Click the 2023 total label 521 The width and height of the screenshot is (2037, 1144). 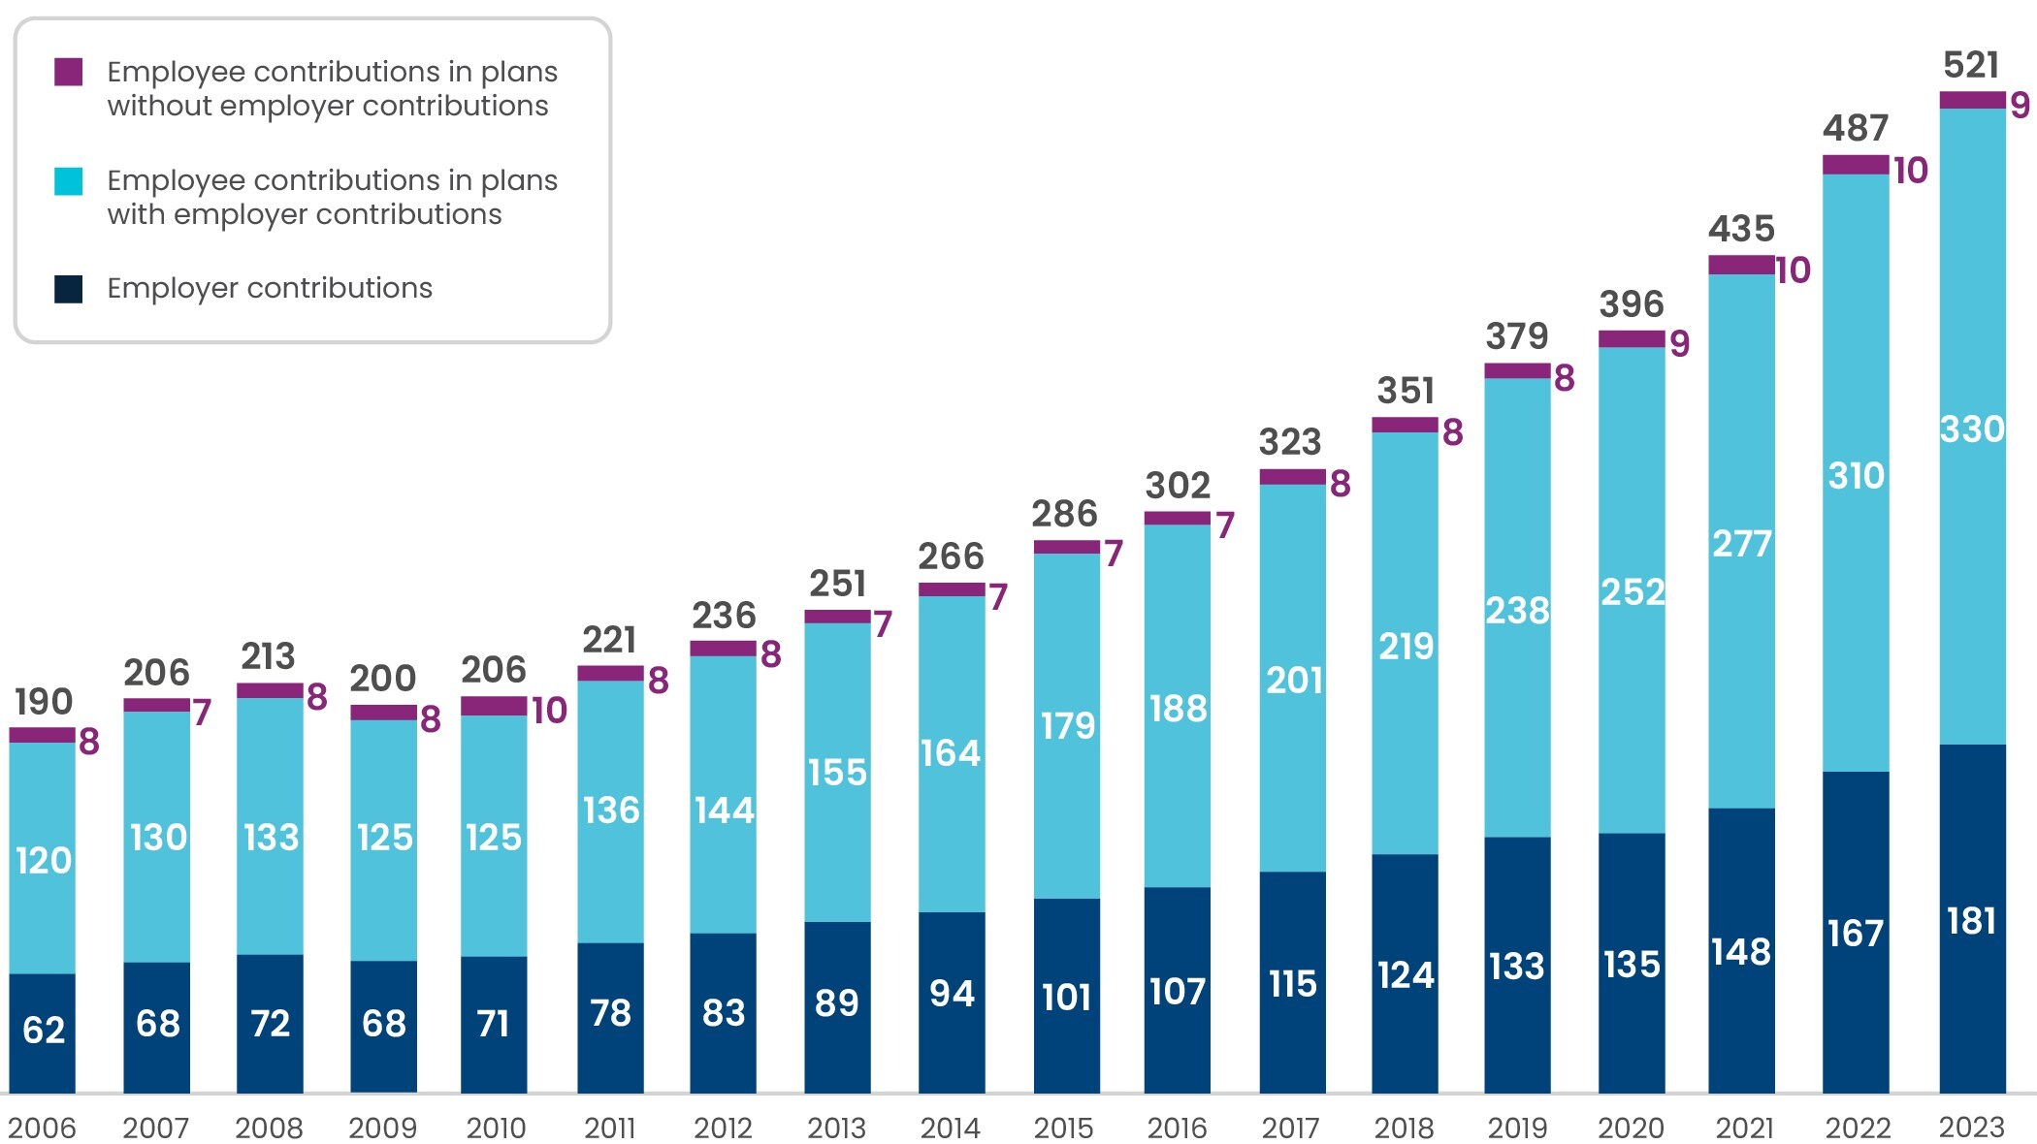click(x=1970, y=66)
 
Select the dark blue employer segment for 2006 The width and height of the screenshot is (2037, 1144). click(x=43, y=1033)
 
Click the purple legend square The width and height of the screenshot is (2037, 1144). click(x=69, y=73)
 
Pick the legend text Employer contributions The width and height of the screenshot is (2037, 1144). click(x=270, y=288)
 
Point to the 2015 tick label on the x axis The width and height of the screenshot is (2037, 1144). click(x=1063, y=1128)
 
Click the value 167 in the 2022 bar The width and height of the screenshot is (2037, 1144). click(x=1855, y=934)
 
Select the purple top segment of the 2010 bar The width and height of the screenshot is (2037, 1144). click(x=494, y=706)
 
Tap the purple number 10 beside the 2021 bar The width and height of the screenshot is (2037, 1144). click(x=1793, y=270)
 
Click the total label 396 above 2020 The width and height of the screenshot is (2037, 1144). click(x=1632, y=304)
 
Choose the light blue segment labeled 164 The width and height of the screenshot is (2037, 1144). click(x=951, y=753)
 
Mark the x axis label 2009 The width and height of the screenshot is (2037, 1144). click(x=382, y=1128)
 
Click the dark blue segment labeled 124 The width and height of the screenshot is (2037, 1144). click(x=1405, y=974)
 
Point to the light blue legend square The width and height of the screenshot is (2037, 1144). click(x=69, y=181)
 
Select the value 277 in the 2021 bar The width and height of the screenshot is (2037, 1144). click(x=1741, y=544)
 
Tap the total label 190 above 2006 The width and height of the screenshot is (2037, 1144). click(x=44, y=702)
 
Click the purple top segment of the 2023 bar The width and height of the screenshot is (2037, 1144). click(x=1972, y=100)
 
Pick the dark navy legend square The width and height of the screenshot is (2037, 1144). click(x=69, y=289)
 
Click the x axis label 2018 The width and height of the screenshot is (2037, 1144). click(x=1404, y=1128)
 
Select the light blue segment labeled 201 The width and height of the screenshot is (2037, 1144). click(x=1293, y=681)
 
